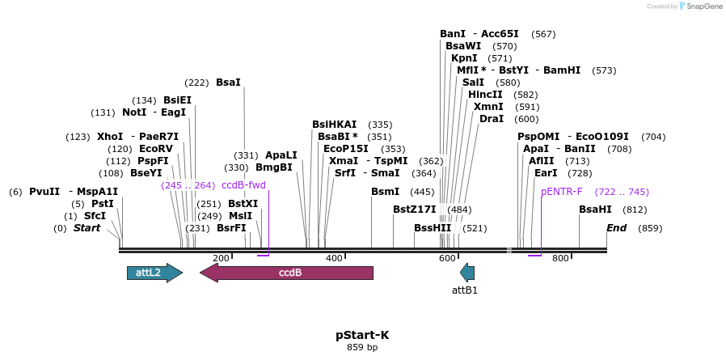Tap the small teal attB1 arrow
[x=466, y=273]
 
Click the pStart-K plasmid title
[x=362, y=335]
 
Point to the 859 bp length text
[x=362, y=348]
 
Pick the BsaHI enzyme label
[x=595, y=210]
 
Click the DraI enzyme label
[x=492, y=119]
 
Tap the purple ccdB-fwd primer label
[x=243, y=185]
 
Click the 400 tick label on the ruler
[x=334, y=258]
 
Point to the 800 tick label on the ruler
[x=560, y=258]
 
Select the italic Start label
[x=87, y=228]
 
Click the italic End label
[x=617, y=228]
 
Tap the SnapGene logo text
[x=703, y=6]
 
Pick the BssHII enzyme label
[x=433, y=228]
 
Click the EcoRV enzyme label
[x=156, y=149]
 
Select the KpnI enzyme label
[x=464, y=58]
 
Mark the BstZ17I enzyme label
[x=415, y=210]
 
